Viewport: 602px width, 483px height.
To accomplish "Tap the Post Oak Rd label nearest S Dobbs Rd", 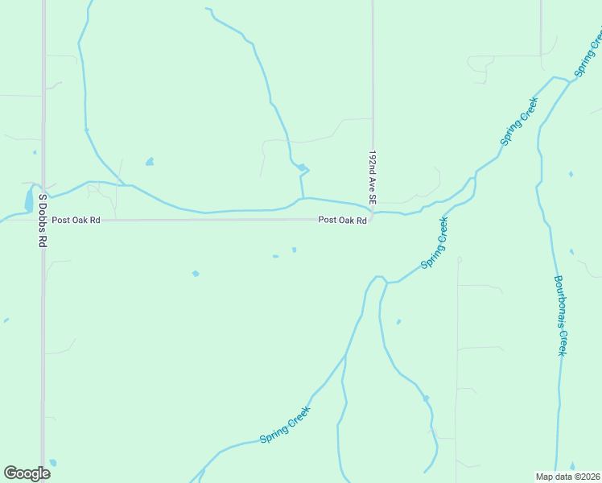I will tap(76, 220).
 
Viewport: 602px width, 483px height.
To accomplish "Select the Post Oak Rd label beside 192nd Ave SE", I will tap(342, 220).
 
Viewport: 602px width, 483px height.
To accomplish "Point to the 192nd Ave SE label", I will tap(373, 175).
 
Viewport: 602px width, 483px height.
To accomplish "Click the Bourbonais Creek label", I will tap(561, 316).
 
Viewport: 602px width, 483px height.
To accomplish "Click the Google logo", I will tap(27, 473).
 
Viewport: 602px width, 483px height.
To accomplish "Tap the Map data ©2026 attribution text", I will tap(567, 477).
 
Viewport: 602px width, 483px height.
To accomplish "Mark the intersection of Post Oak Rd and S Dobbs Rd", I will tap(43, 220).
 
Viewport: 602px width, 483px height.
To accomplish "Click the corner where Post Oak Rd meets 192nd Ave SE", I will tap(372, 219).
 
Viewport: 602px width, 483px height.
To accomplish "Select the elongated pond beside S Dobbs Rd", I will tap(29, 198).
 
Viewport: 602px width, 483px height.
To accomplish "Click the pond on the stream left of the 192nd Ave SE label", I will tap(301, 167).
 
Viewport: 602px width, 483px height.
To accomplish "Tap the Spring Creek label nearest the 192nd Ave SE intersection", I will tap(435, 242).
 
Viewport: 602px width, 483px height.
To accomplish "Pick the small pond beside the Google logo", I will tap(53, 463).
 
